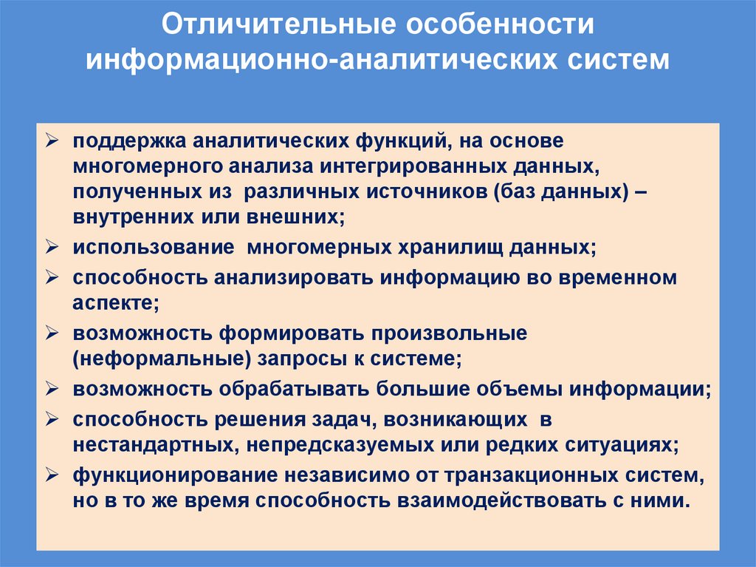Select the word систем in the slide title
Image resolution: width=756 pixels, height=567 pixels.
[619, 58]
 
